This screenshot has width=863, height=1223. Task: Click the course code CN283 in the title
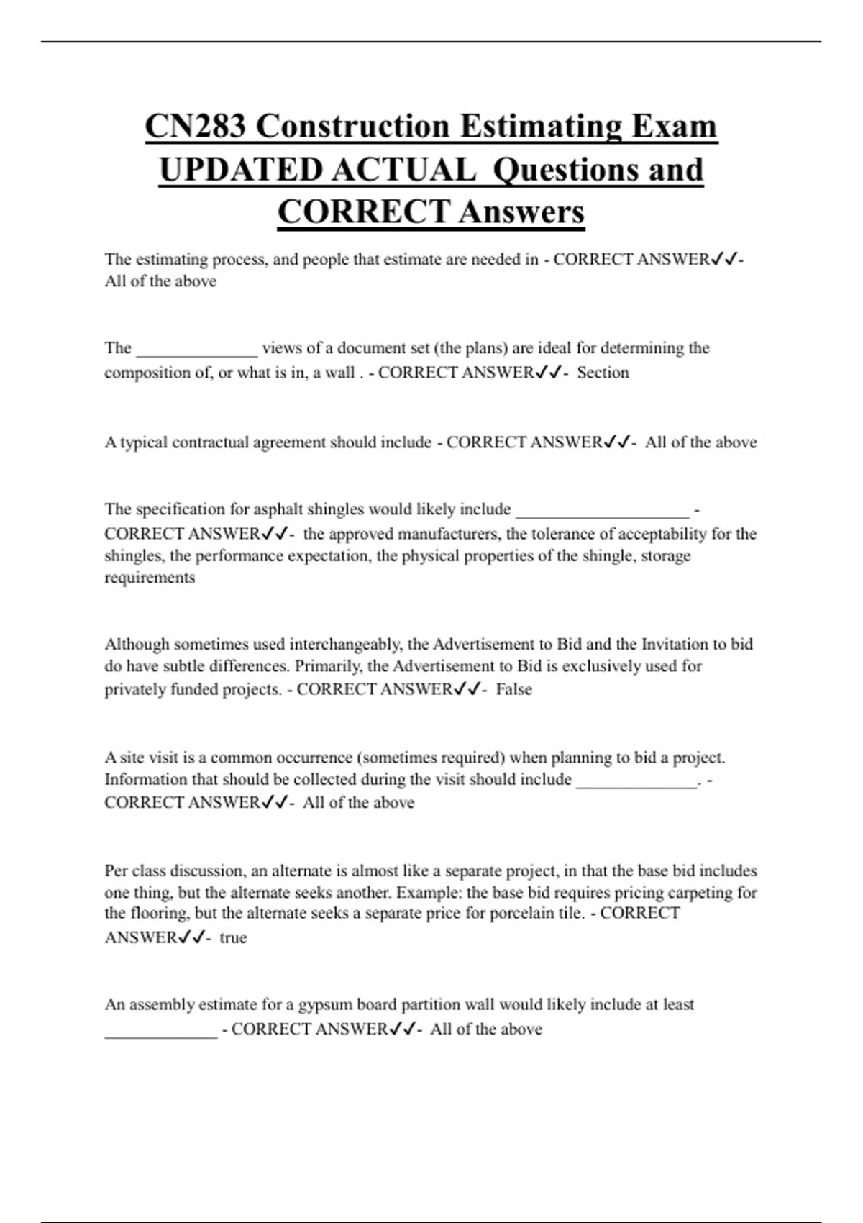[196, 127]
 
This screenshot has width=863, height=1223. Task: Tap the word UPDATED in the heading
[240, 170]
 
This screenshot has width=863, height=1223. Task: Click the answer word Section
[603, 373]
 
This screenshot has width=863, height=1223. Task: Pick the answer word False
[514, 689]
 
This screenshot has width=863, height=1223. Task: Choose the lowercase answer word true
[233, 937]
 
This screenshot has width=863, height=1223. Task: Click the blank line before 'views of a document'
[196, 353]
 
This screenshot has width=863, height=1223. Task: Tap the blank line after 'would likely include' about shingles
[603, 514]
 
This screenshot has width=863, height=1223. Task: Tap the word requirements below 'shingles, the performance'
[150, 578]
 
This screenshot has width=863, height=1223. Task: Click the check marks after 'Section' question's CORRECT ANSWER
[547, 373]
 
